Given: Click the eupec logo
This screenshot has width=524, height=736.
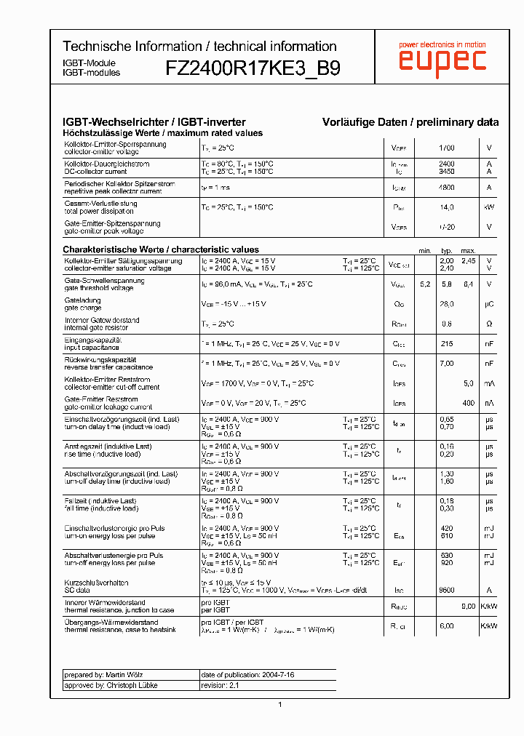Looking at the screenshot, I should pyautogui.click(x=442, y=61).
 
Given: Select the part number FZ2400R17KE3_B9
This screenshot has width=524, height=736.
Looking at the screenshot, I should pyautogui.click(x=253, y=68).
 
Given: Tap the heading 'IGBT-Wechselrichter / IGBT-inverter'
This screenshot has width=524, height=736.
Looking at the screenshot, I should pyautogui.click(x=154, y=122).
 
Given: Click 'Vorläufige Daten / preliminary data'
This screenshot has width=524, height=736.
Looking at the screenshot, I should pyautogui.click(x=410, y=122).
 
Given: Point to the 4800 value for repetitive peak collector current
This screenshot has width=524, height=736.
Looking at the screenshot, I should pyautogui.click(x=446, y=188).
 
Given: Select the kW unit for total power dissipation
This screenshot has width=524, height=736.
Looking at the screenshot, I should pyautogui.click(x=489, y=207).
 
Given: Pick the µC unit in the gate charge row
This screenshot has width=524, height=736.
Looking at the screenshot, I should pyautogui.click(x=489, y=304).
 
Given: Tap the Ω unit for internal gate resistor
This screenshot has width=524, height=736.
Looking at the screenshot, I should pyautogui.click(x=489, y=324).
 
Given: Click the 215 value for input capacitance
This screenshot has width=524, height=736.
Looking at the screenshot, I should pyautogui.click(x=446, y=344).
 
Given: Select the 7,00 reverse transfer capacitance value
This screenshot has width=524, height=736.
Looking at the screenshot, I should pyautogui.click(x=446, y=363).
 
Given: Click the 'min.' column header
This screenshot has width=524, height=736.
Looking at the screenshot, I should pyautogui.click(x=425, y=250).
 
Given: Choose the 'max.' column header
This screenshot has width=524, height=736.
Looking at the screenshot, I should pyautogui.click(x=468, y=250).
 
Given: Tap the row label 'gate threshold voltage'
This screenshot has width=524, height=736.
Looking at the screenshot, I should pyautogui.click(x=99, y=288).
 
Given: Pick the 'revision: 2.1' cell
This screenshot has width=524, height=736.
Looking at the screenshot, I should pyautogui.click(x=220, y=685).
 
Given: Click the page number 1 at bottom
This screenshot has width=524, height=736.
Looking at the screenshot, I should pyautogui.click(x=280, y=704).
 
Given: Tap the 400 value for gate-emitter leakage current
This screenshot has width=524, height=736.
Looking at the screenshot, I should pyautogui.click(x=468, y=402).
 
